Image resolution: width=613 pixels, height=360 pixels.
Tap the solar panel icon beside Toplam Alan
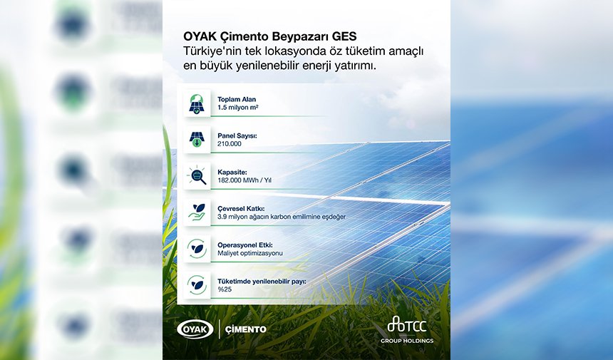pos(196,103)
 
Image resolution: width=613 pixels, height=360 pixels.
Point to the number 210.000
pos(229,143)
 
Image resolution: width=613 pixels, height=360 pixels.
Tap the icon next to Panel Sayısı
pos(196,139)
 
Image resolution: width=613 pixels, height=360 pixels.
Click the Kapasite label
pos(234,172)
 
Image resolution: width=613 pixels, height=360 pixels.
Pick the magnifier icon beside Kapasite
pos(196,175)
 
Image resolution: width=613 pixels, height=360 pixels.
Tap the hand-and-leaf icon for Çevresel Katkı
pos(196,212)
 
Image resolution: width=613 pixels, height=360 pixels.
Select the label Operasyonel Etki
pos(246,245)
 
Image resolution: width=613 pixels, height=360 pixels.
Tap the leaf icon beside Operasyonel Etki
pos(196,248)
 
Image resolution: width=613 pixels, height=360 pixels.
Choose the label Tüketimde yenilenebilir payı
pos(262,282)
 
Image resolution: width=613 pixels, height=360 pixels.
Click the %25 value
pos(225,289)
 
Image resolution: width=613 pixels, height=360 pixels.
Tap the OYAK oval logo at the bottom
pos(194,329)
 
